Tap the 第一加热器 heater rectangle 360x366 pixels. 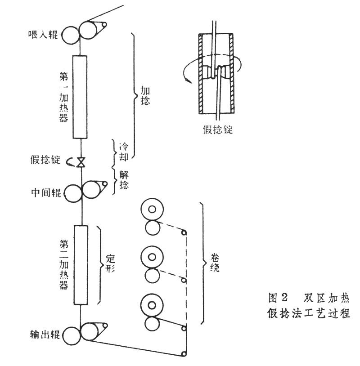point(79,97)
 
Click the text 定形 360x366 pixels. point(111,266)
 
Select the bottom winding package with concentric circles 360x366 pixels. point(152,306)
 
